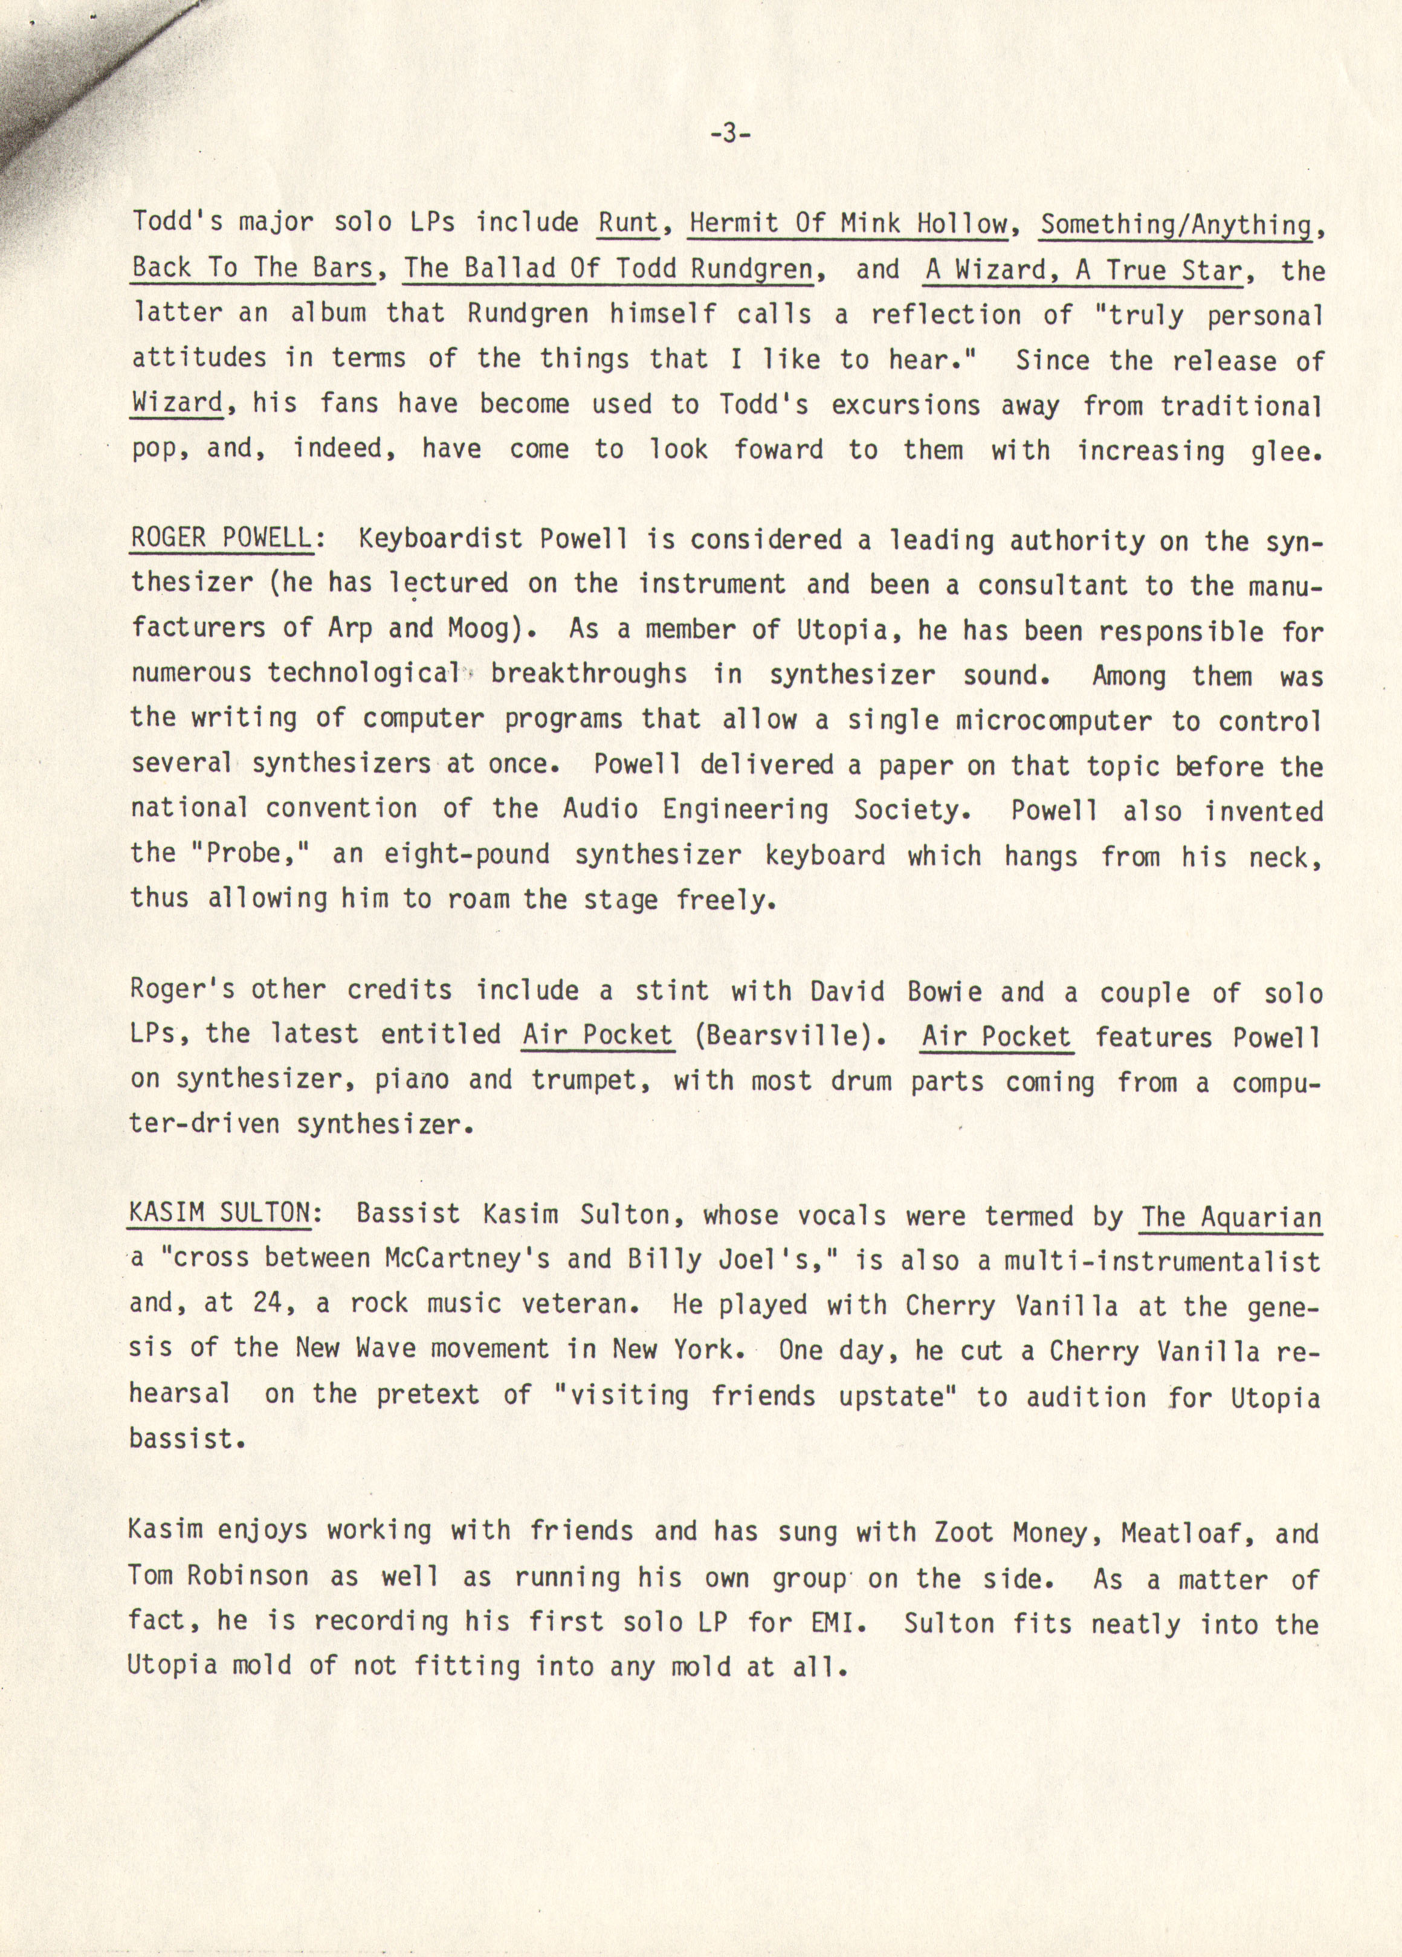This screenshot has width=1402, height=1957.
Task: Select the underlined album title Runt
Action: click(628, 224)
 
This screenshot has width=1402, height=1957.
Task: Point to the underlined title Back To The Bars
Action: click(253, 268)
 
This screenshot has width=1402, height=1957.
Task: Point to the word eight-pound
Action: click(466, 854)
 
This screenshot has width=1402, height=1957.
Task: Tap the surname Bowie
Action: click(945, 991)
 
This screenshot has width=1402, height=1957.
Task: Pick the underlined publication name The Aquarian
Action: click(1231, 1217)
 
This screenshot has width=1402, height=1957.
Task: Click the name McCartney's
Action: click(467, 1259)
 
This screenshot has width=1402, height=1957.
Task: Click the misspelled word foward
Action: click(778, 450)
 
